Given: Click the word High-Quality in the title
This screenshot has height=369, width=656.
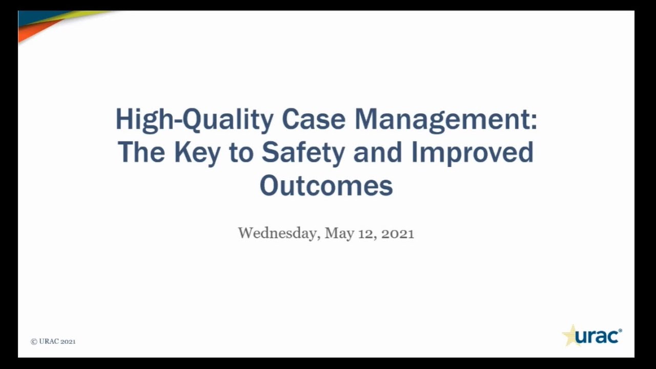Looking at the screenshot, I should tap(194, 120).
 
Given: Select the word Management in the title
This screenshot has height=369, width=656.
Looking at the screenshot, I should tap(441, 120).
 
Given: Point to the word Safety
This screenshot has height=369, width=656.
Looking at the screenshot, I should tap(303, 153).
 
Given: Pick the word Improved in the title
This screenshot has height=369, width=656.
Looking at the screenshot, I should tap(472, 153).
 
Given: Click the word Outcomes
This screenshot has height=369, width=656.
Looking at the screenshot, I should tap(326, 186).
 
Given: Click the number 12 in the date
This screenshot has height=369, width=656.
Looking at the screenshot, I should tap(366, 233).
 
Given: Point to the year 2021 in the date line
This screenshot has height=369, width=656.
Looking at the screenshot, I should tap(398, 233).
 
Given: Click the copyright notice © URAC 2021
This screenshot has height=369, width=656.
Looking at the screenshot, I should tap(53, 341).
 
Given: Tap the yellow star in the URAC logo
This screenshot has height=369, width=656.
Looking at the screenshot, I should tap(570, 336).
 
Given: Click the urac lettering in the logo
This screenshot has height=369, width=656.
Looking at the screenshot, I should tap(596, 337).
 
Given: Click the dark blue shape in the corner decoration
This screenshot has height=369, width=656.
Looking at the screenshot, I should tap(36, 17).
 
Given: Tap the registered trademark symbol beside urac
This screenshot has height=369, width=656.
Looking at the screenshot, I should tap(620, 331).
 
